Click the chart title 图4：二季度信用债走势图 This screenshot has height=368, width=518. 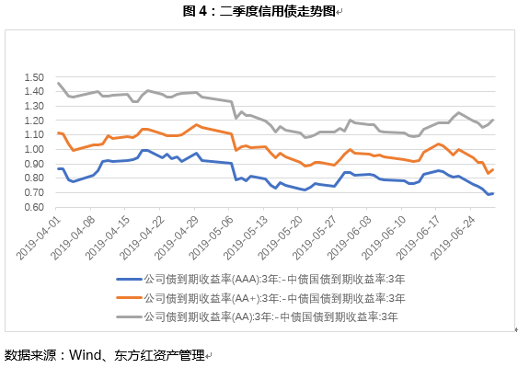[259, 11]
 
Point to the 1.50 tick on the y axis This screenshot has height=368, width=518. [34, 76]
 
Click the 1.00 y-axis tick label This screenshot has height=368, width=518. [34, 149]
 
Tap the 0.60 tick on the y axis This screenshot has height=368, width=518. [34, 207]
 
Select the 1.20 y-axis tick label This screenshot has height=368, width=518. [34, 120]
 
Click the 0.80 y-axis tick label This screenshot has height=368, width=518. [34, 178]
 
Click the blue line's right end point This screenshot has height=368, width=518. [493, 193]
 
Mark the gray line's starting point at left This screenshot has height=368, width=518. [58, 83]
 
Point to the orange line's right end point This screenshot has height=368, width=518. [493, 169]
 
